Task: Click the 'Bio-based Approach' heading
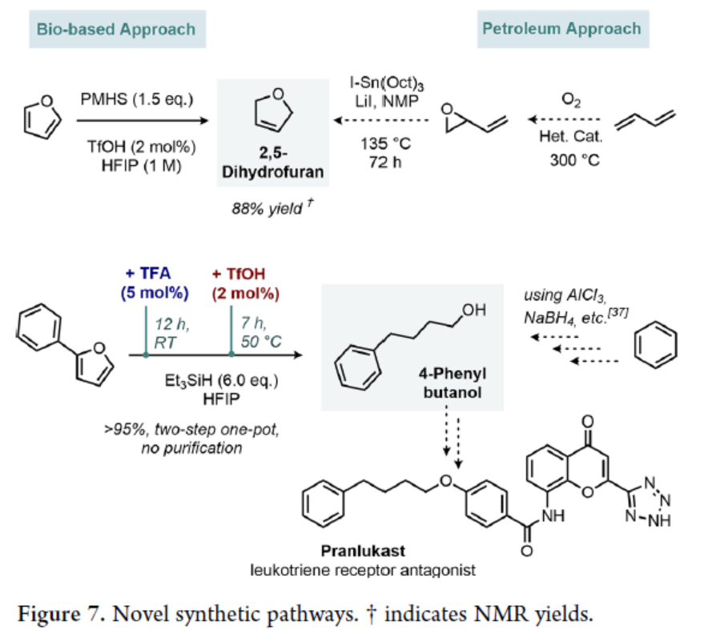point(115,29)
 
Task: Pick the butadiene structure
point(648,122)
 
